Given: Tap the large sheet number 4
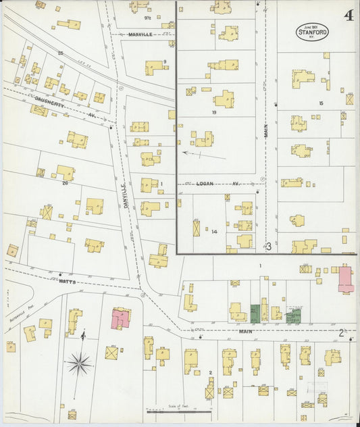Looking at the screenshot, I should [x=349, y=16].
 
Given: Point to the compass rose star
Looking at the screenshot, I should [x=79, y=363].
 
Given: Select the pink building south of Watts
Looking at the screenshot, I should [x=121, y=318].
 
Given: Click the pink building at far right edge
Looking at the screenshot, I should [x=345, y=279].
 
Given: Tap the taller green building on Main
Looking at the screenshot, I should [x=255, y=313].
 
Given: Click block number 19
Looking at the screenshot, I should [x=213, y=112].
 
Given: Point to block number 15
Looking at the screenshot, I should [x=321, y=103].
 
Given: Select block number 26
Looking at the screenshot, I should [x=66, y=182].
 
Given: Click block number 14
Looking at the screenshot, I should [x=214, y=232].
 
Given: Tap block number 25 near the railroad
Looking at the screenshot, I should [x=60, y=52].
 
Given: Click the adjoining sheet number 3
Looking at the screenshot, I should [x=268, y=247].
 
